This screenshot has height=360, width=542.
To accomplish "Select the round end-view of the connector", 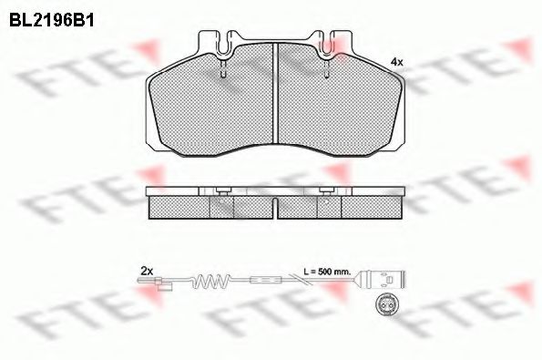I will (x=384, y=304).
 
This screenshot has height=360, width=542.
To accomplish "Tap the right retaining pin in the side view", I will (x=325, y=190).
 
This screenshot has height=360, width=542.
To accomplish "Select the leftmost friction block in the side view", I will (x=179, y=209).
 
